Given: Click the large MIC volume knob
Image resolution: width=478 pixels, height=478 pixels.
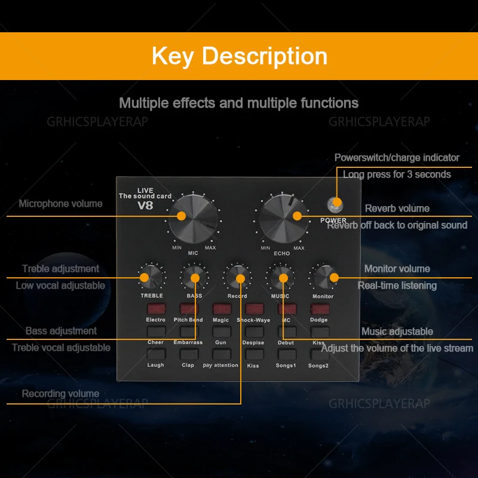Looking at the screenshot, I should coord(193,218).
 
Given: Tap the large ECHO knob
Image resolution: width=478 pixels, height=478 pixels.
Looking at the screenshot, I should coord(283,217).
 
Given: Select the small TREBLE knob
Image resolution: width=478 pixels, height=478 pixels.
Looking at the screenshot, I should coord(151,277).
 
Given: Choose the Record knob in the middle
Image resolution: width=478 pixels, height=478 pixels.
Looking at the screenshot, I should coord(237,277).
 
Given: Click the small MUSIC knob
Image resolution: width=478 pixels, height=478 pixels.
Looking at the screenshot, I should coord(280,277).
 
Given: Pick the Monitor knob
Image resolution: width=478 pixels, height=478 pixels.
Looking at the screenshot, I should coord(323,277).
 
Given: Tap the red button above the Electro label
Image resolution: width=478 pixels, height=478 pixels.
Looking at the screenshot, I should coord(156,309).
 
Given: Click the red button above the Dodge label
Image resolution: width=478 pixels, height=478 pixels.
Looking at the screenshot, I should coord(319,309).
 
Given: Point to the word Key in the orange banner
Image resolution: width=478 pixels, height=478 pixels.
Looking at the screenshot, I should coord(173,56).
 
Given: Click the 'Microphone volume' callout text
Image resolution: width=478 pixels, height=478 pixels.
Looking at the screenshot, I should coord(60,204).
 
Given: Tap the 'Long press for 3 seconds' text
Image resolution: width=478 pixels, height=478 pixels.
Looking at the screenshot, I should coord(397,174).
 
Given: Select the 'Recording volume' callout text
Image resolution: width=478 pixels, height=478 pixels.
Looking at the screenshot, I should coord(60,394).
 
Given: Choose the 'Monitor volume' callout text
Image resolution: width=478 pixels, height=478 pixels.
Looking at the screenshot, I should coord(397,269).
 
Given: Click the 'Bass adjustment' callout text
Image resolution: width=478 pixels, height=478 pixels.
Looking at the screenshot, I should coord(61,331).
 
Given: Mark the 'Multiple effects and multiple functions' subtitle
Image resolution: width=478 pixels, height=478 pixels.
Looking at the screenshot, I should coord(238,103).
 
